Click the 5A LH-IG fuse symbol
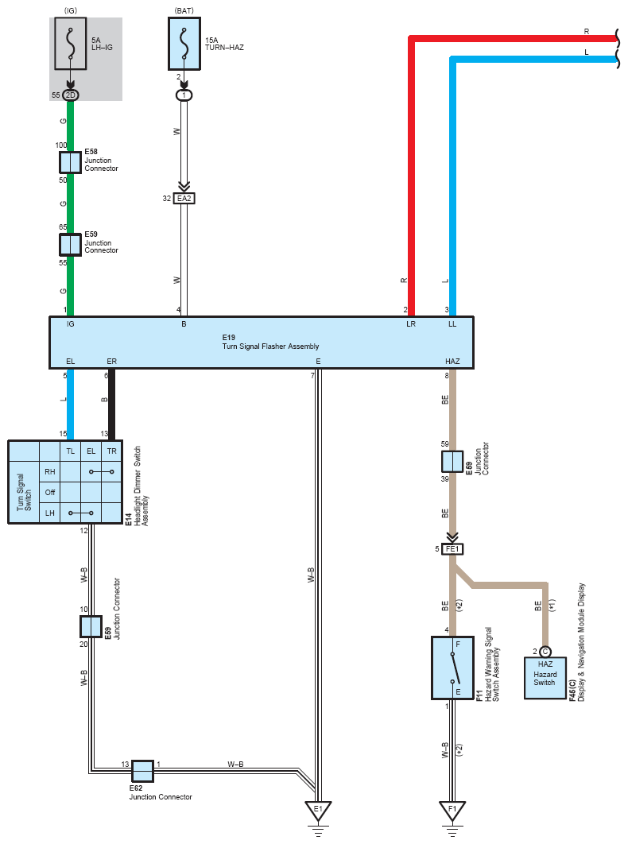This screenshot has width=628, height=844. pos(71,43)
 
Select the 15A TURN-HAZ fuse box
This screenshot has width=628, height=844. pos(184,43)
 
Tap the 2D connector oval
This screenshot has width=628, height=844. pos(71,95)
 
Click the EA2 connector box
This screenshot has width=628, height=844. pos(184,199)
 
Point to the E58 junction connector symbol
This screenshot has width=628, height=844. pos(70,162)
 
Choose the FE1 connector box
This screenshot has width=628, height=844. pos(452,549)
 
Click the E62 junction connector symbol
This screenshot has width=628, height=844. pos(143,771)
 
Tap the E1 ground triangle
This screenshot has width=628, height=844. pos(318,811)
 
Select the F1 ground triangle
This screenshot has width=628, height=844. pos(452,811)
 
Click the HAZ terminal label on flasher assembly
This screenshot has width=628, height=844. pos(452,361)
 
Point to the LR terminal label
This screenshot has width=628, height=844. pos(411,324)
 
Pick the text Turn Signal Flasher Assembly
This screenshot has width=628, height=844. pos(270,347)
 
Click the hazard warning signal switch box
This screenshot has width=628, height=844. pos(452,668)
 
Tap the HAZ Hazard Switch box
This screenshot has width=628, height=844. pos(545,678)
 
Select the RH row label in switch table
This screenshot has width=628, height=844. pos(50,471)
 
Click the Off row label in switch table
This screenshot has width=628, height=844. pos(50,492)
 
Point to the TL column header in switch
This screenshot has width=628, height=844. pos(71,451)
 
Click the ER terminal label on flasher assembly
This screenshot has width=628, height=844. pos(111,361)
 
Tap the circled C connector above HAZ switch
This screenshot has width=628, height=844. pos(545,652)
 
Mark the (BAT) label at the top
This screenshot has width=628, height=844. pos(184,11)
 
